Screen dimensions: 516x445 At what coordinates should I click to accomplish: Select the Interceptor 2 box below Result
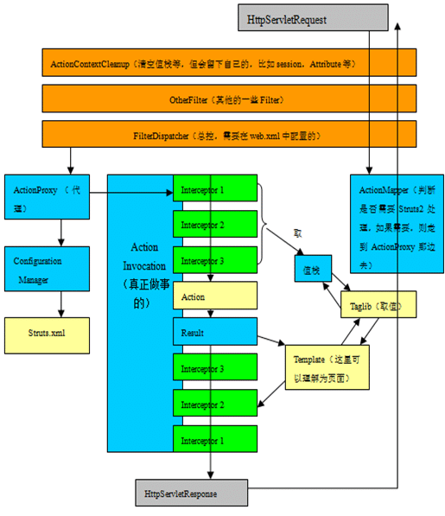click(215, 405)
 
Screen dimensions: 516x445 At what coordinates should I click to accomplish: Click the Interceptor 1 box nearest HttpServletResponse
click(215, 440)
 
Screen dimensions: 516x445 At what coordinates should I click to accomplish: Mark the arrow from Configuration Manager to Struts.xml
click(60, 303)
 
